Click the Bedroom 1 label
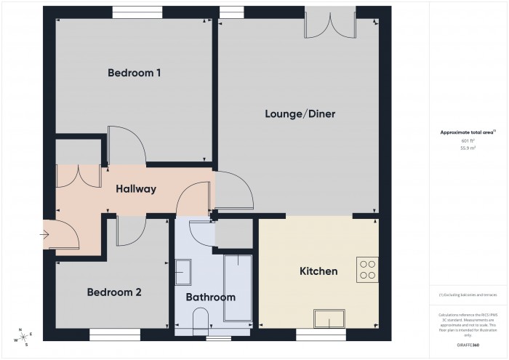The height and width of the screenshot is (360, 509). [134, 73]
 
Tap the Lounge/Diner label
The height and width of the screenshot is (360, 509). [300, 114]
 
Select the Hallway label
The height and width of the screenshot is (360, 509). [136, 189]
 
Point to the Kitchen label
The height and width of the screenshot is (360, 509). [318, 271]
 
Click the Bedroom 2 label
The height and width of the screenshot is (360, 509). [114, 292]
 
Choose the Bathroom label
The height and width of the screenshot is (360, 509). [211, 297]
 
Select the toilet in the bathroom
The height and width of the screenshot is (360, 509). [201, 319]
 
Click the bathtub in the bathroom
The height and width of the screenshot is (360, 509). [238, 288]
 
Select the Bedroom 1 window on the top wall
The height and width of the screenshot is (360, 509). [137, 12]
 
